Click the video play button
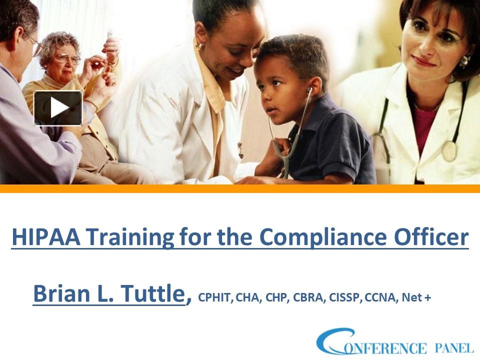pyautogui.click(x=58, y=107)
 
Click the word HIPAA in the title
pyautogui.click(x=44, y=236)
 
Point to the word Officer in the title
pyautogui.click(x=437, y=236)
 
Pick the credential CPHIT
pyautogui.click(x=215, y=298)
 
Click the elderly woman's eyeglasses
pyautogui.click(x=67, y=58)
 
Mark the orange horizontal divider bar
pyautogui.click(x=240, y=188)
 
